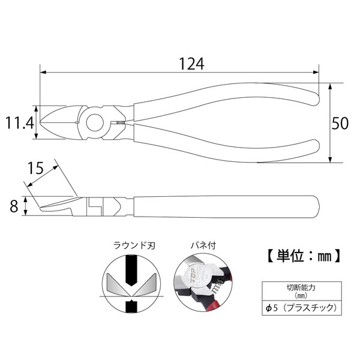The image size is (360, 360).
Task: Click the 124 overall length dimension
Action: pyautogui.click(x=191, y=64)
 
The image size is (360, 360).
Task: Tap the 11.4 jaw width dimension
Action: pyautogui.click(x=20, y=123)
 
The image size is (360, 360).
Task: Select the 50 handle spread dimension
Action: pyautogui.click(x=340, y=123)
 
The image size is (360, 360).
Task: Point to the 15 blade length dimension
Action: pyautogui.click(x=35, y=168)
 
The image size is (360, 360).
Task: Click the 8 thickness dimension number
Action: pyautogui.click(x=14, y=206)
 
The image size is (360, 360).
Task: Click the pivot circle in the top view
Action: pyautogui.click(x=95, y=122)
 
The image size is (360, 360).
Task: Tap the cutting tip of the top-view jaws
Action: pyautogui.click(x=40, y=122)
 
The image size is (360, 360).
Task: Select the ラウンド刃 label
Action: pyautogui.click(x=134, y=246)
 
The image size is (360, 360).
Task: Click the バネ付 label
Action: pyautogui.click(x=203, y=245)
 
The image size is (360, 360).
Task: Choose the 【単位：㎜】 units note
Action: pyautogui.click(x=303, y=256)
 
